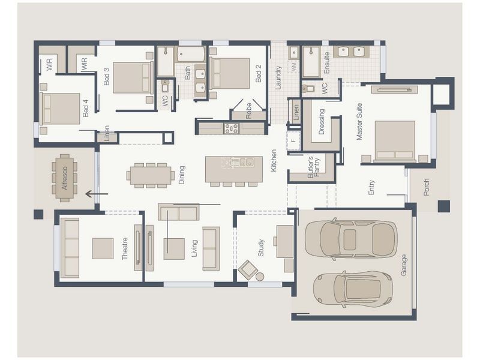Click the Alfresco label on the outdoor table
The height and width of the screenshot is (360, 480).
65,178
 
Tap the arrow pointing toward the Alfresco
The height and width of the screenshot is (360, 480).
97,194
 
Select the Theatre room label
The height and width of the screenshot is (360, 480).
125,248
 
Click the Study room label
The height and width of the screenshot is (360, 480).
261,248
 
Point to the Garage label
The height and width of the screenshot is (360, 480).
404,265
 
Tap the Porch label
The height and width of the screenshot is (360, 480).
427,187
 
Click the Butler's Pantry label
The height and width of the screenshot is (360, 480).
313,167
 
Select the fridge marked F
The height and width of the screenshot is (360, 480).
293,140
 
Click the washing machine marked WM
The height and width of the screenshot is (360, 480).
295,67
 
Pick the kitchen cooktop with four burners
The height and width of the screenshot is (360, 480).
231,128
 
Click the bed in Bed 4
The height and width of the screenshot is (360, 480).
60,109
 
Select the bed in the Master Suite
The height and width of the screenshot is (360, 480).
395,141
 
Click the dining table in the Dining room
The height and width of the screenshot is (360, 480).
151,175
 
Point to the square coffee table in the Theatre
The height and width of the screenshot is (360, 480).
103,248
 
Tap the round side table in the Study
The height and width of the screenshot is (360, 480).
260,277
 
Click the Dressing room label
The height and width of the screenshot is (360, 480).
322,122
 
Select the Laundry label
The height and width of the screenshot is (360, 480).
278,78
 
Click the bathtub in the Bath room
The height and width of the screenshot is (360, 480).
191,54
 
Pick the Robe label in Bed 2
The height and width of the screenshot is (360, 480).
248,111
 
